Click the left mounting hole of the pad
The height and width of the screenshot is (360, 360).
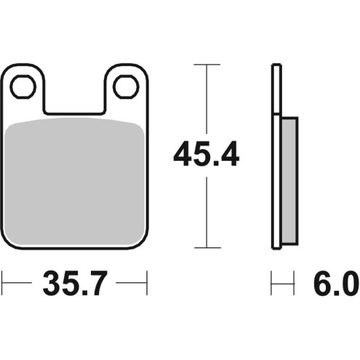coord(23,87)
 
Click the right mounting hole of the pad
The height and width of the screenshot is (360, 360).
coord(126,87)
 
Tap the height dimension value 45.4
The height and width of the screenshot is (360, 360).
coord(207,154)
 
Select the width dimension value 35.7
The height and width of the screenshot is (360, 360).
coord(75,283)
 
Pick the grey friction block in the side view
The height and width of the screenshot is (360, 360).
coord(290,180)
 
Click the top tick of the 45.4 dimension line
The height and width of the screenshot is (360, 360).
coord(207,65)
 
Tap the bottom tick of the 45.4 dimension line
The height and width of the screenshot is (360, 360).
coord(207,248)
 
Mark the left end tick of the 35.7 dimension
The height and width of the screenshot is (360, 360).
coord(2,283)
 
